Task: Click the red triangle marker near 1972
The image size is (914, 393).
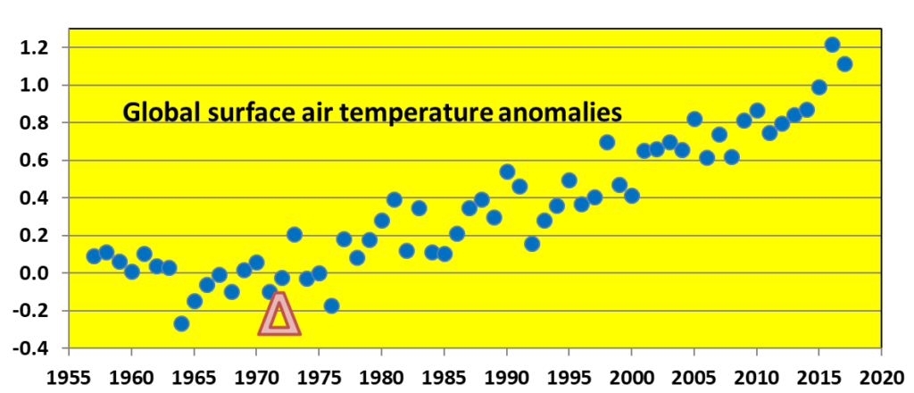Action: point(279,315)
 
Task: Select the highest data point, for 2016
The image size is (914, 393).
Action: point(832,45)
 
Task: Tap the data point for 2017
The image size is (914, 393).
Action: point(844,63)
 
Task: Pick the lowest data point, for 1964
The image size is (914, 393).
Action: point(181,323)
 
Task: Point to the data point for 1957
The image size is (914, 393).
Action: point(94,256)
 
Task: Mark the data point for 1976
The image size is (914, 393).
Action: point(331,305)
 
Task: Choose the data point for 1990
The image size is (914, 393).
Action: point(507,171)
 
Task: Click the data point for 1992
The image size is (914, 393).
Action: point(532,243)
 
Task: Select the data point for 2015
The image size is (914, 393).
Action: point(819,87)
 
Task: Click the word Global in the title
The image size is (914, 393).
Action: point(154,113)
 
